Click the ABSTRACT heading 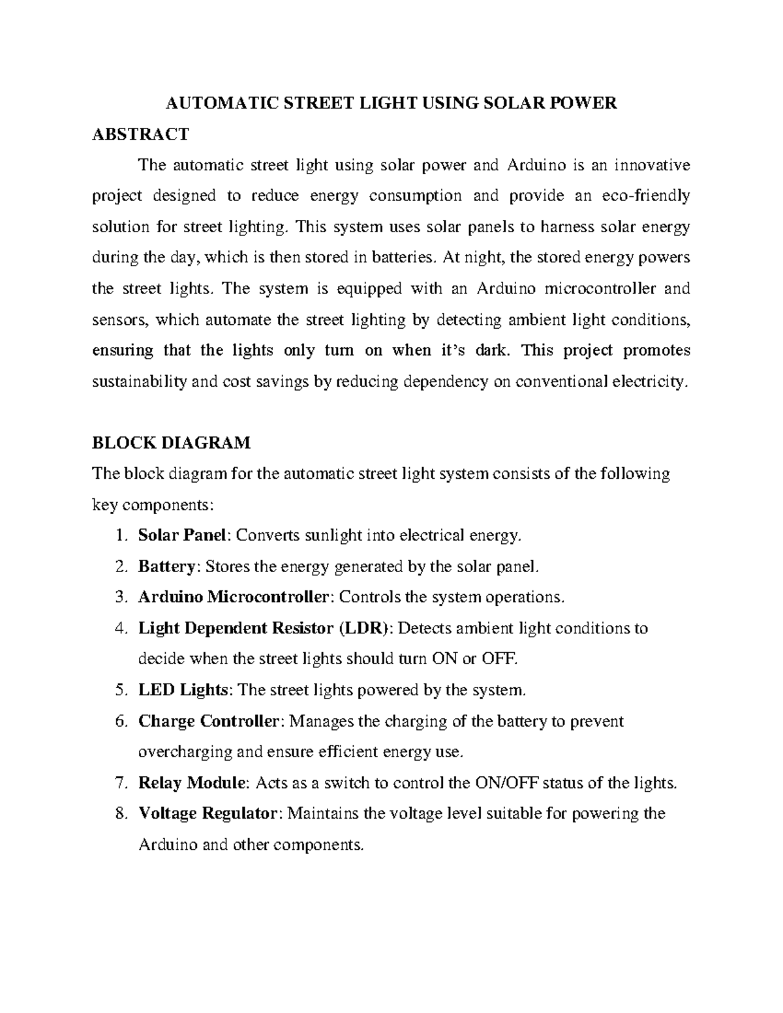[140, 134]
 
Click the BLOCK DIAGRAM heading [171, 443]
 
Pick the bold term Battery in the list [166, 566]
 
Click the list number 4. [119, 628]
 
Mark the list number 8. [119, 813]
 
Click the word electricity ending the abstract [651, 382]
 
